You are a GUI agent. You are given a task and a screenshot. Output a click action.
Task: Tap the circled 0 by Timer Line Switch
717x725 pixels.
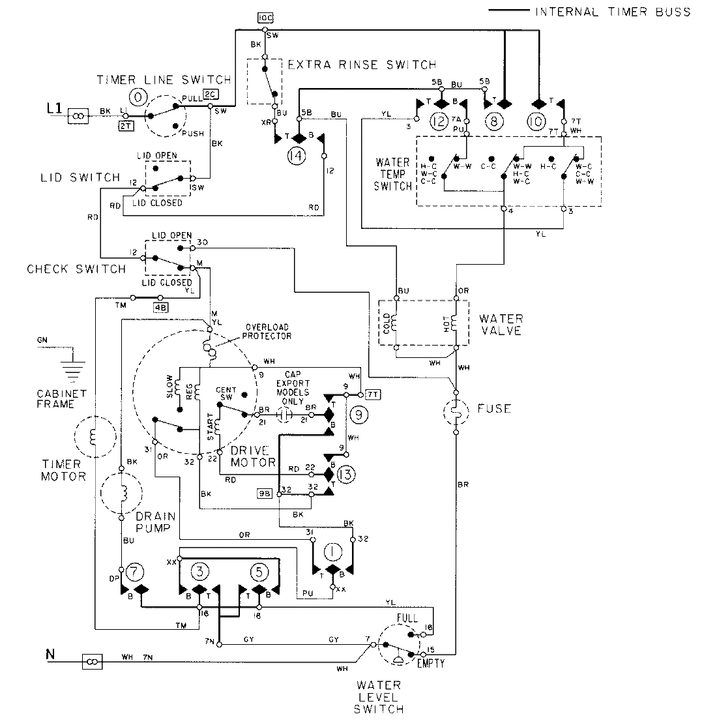(138, 98)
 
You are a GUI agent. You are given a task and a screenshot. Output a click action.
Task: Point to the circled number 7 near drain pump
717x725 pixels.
(134, 571)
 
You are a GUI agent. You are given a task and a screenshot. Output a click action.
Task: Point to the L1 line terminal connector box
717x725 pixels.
(78, 115)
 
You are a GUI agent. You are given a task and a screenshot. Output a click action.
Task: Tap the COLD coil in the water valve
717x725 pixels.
(398, 324)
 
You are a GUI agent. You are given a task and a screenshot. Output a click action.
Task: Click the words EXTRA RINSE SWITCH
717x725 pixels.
(362, 65)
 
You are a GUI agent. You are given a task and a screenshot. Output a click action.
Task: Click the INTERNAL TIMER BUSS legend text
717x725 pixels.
(612, 12)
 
